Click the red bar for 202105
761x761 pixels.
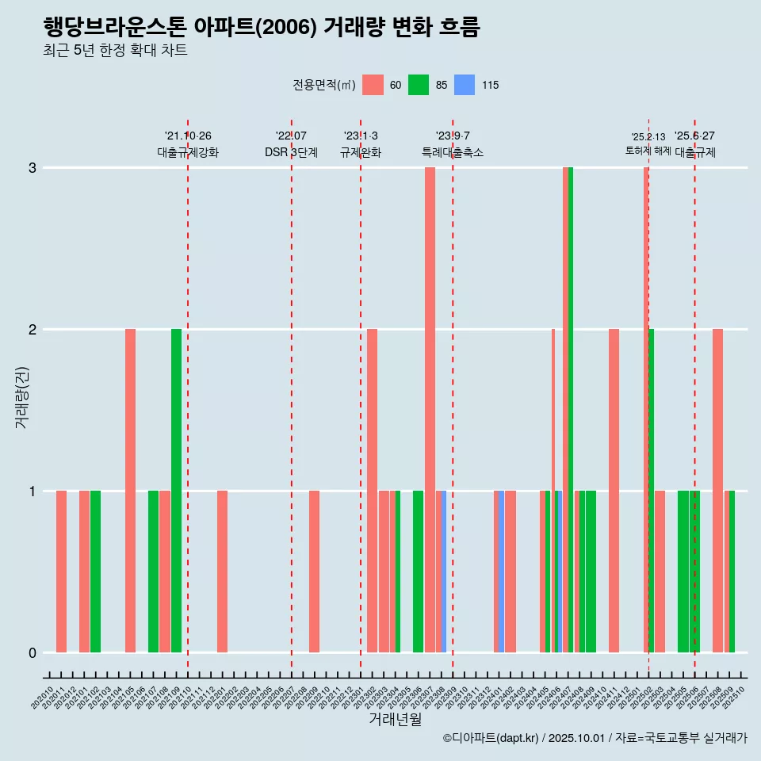pyautogui.click(x=130, y=491)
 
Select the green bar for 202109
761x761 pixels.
pyautogui.click(x=176, y=491)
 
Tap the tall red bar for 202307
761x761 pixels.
pyautogui.click(x=430, y=410)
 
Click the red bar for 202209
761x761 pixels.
pyautogui.click(x=314, y=572)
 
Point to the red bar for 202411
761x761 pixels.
pyautogui.click(x=614, y=491)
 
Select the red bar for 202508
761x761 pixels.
pyautogui.click(x=717, y=491)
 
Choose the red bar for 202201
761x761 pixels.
pyautogui.click(x=222, y=572)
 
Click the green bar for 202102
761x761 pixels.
pyautogui.click(x=95, y=572)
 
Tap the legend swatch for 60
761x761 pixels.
pyautogui.click(x=373, y=85)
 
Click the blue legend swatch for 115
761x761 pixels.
pyautogui.click(x=465, y=85)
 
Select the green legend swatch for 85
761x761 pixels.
pyautogui.click(x=419, y=85)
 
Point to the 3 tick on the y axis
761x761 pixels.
pyautogui.click(x=33, y=168)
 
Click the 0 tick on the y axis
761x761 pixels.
pyautogui.click(x=33, y=653)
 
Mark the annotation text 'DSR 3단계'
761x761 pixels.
pyautogui.click(x=291, y=152)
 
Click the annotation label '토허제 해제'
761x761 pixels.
pyautogui.click(x=648, y=151)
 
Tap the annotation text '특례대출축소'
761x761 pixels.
pyautogui.click(x=452, y=152)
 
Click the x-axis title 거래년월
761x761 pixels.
pyautogui.click(x=395, y=719)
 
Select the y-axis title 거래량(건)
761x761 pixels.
pyautogui.click(x=21, y=396)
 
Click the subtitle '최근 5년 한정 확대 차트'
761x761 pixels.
pyautogui.click(x=115, y=51)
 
